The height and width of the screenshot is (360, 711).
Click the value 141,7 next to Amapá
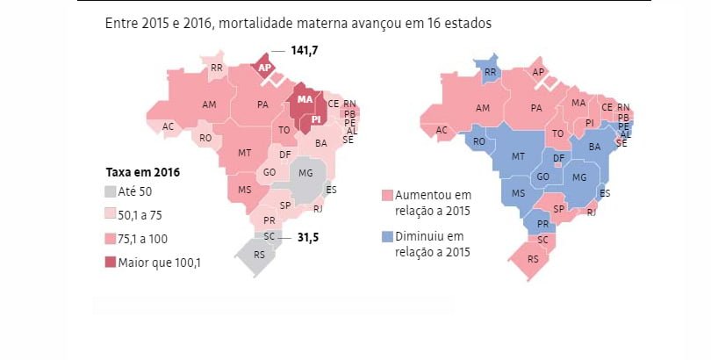point(304,52)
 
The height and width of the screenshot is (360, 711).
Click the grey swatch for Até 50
point(111,191)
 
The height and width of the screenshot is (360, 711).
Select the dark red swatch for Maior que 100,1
point(111,262)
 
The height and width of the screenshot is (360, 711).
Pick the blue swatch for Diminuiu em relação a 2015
point(387,237)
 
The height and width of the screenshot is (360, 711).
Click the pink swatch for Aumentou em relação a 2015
point(387,194)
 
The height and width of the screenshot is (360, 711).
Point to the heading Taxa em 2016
point(142,172)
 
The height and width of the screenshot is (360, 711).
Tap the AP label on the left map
point(263,67)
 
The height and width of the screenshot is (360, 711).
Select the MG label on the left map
point(305,172)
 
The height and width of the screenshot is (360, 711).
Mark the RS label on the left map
point(258,256)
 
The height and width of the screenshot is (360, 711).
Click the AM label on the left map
point(209,104)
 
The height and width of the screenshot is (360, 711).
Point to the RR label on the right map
point(490,72)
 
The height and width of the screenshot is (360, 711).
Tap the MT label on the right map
point(518,158)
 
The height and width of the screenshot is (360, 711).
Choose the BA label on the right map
point(593,147)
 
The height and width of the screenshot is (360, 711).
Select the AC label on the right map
point(442,130)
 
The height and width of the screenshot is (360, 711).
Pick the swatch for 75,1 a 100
point(111,239)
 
